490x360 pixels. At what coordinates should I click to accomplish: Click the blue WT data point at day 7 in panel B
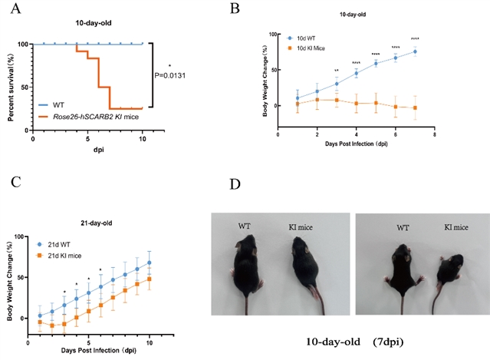coord(415,52)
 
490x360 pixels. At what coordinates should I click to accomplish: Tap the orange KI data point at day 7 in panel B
coord(415,108)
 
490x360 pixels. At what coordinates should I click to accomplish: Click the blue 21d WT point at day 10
coord(149,263)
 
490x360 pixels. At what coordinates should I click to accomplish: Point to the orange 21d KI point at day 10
coord(149,279)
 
